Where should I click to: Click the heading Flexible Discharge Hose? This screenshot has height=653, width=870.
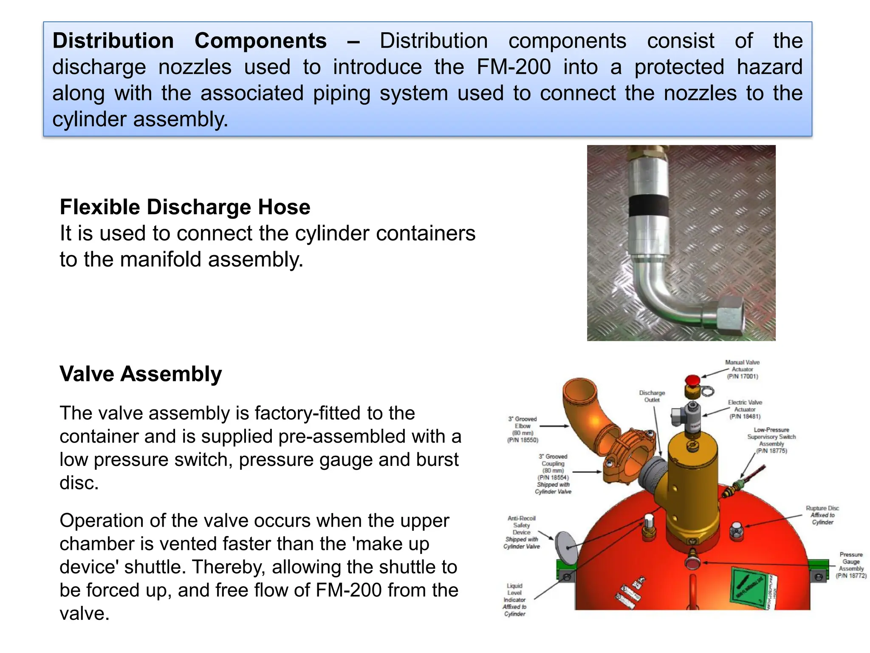185,207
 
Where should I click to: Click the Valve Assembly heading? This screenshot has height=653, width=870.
141,374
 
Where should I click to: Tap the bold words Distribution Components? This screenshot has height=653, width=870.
189,41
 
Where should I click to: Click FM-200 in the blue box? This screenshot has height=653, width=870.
514,67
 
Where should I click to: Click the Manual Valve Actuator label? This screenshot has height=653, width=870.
742,369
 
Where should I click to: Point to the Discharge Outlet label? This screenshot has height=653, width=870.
652,396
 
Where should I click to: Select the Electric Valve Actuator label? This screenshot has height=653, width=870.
745,409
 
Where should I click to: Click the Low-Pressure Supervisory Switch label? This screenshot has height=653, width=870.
771,440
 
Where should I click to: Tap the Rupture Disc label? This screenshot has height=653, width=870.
822,515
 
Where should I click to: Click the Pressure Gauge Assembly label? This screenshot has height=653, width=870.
851,565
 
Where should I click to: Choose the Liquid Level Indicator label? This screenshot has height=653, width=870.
514,599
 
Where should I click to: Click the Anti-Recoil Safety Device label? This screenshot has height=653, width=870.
521,532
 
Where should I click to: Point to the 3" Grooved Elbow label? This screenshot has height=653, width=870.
523,429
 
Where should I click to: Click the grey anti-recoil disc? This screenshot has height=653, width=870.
566,546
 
